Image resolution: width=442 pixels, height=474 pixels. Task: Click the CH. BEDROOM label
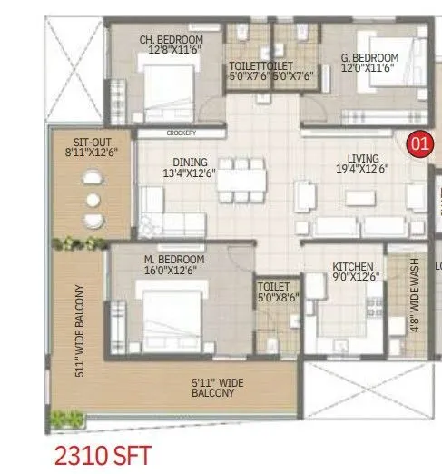point(171,40)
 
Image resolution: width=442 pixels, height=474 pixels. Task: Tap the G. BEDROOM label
point(369,57)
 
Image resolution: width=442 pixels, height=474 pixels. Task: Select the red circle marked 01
point(418,142)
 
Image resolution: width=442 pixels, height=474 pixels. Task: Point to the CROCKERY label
point(181,133)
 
